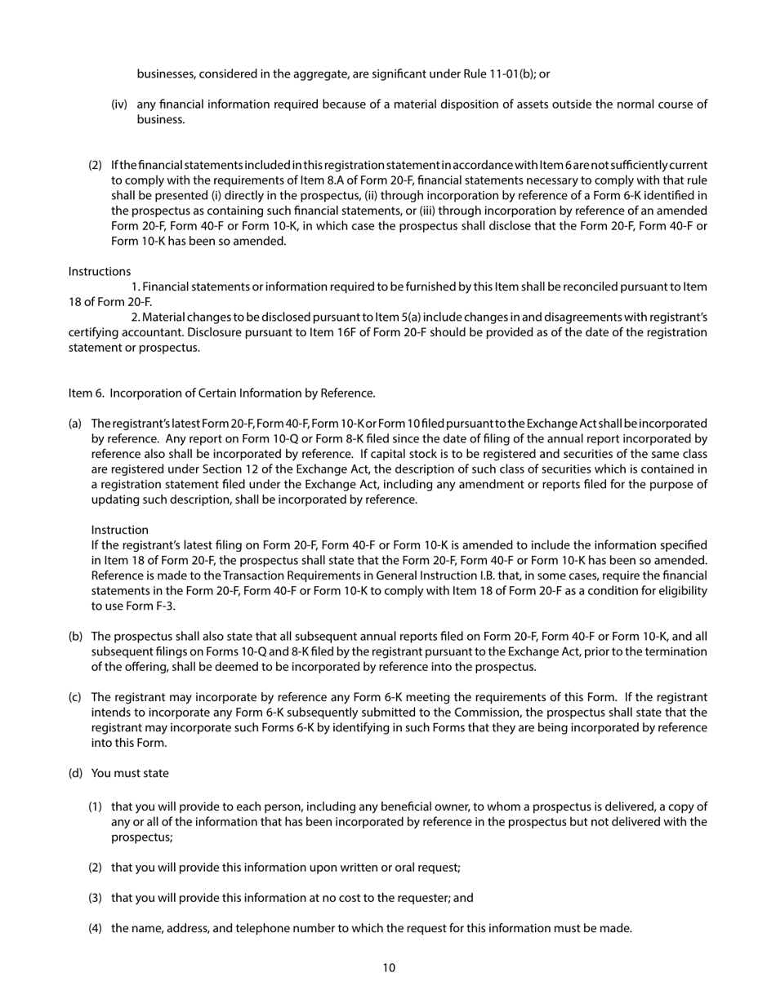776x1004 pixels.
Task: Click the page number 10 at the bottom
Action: pyautogui.click(x=388, y=968)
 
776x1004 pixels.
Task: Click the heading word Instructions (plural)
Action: pyautogui.click(x=99, y=271)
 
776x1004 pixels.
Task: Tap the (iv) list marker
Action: pyautogui.click(x=120, y=104)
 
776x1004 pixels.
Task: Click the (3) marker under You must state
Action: pyautogui.click(x=96, y=897)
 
